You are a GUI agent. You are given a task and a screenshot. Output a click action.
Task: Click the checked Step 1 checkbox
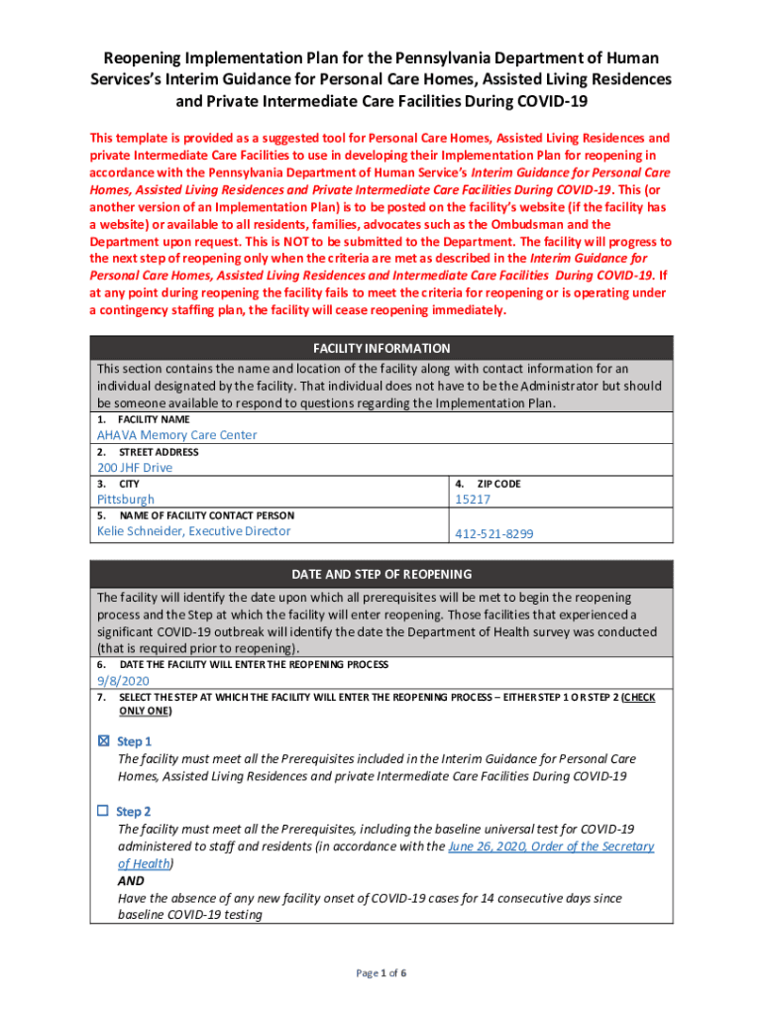point(103,741)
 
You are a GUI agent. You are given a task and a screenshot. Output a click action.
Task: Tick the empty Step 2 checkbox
point(102,811)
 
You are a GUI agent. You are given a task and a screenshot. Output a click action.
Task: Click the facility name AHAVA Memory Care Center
point(176,435)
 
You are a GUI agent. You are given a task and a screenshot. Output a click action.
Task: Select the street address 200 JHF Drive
point(134,468)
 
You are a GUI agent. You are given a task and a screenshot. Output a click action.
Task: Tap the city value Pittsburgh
point(126,500)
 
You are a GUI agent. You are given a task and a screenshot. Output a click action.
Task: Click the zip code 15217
point(473,500)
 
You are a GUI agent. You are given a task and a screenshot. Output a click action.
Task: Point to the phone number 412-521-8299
point(493,533)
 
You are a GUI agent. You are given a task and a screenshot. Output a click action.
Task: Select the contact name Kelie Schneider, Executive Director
point(194,531)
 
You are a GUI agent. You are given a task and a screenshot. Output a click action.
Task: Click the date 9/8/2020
point(123,681)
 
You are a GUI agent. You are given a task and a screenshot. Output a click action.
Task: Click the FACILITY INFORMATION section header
point(381,348)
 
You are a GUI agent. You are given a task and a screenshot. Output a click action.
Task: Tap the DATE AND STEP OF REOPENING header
point(381,574)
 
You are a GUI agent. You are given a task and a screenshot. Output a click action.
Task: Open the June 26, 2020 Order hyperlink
point(551,846)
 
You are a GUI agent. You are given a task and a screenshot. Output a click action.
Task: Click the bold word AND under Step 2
point(131,881)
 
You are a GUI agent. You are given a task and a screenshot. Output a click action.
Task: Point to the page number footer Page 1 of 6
point(381,973)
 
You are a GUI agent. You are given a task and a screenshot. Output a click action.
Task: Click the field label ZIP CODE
point(499,484)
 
